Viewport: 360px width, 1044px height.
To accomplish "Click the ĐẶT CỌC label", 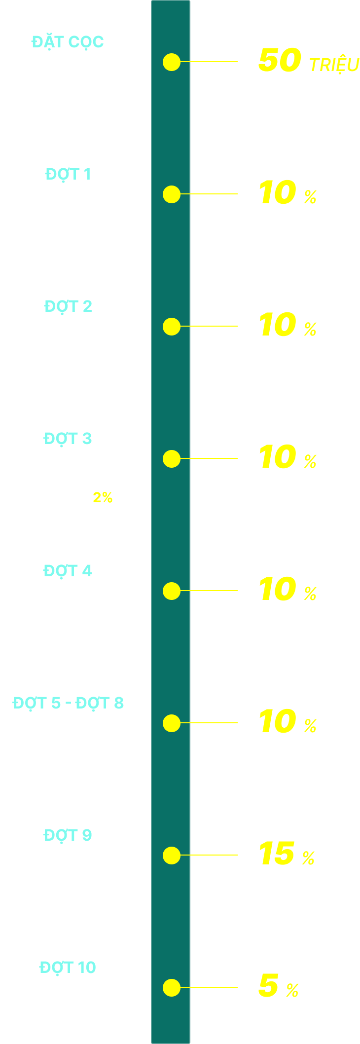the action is click(68, 42).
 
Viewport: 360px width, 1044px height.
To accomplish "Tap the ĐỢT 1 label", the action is click(68, 175).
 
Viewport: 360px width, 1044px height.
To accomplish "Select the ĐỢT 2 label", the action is click(68, 307).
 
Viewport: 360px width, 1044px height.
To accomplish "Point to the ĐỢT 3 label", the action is click(68, 439).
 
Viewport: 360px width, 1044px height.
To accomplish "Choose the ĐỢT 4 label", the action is click(68, 571).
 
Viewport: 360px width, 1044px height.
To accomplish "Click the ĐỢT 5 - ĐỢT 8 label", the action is click(68, 704).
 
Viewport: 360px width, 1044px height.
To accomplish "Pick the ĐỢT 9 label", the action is click(68, 836).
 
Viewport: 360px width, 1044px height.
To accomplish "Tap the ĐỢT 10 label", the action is click(68, 968).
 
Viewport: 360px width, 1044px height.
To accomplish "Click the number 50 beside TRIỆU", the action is click(279, 61).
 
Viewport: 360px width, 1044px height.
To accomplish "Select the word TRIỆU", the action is click(334, 65).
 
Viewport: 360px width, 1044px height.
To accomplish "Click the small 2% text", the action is click(103, 498).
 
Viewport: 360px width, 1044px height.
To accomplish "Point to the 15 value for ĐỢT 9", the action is click(277, 854).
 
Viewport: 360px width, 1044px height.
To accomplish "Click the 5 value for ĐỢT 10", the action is click(268, 986).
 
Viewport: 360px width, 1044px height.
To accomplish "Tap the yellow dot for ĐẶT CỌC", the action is click(172, 62).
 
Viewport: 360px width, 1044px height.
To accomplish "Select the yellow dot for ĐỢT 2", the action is click(172, 327).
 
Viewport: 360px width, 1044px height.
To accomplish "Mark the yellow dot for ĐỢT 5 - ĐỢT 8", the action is click(172, 723).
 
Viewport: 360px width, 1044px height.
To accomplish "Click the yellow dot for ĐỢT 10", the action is click(172, 988).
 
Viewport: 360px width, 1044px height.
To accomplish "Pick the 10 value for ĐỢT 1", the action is click(278, 193).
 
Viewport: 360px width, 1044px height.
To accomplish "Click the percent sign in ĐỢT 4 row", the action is click(310, 594).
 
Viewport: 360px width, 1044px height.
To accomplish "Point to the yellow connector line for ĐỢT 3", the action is click(209, 458).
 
